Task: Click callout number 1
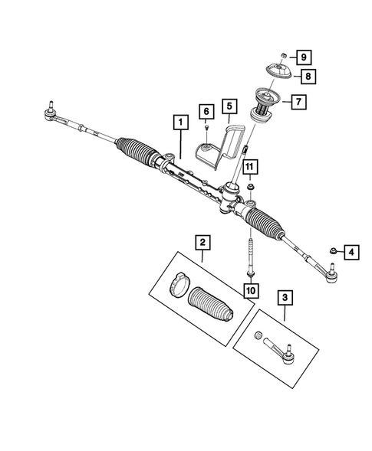179,122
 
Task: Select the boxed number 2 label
202,243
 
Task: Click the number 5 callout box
229,106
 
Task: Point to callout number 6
206,113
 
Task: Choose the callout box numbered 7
298,100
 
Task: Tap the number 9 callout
304,57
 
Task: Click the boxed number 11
250,166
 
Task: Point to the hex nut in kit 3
259,335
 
